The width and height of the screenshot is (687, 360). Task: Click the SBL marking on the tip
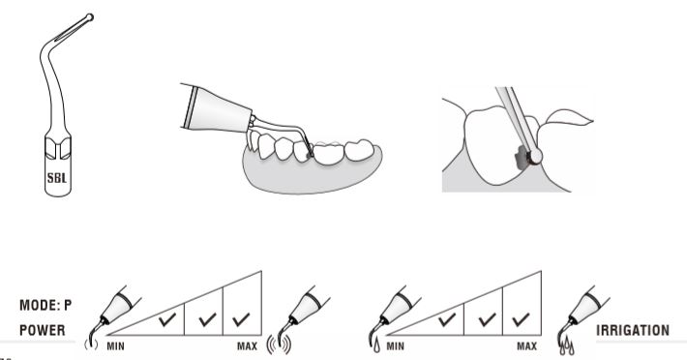[57, 178]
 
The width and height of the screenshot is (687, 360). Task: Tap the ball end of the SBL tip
[89, 17]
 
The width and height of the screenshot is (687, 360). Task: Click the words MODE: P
[45, 305]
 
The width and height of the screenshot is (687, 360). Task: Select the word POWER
[42, 330]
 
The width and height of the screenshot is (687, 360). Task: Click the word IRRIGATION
[633, 330]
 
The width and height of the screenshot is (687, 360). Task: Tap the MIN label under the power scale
[116, 346]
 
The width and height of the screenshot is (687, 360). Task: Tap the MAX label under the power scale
[247, 346]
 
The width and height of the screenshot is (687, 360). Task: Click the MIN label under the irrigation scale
[395, 346]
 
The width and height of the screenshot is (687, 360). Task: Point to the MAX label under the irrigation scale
[526, 346]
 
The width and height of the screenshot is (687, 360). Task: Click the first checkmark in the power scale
[167, 319]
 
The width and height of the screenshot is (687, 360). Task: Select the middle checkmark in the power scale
[207, 319]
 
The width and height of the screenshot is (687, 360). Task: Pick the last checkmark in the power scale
[241, 319]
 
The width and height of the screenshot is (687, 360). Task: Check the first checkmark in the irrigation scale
[447, 319]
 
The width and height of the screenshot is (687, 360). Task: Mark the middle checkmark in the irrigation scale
[487, 319]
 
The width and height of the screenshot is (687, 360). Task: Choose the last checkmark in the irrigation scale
[521, 319]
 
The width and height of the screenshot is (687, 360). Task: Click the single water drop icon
[376, 346]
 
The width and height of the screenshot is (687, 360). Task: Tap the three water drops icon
[566, 346]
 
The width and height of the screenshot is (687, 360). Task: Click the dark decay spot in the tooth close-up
[522, 159]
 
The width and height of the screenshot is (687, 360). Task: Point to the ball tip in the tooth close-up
[536, 156]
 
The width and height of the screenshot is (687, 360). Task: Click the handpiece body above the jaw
[217, 109]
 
